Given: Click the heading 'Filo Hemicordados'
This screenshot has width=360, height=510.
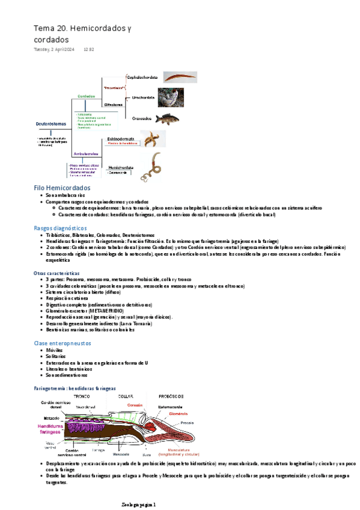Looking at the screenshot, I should click(62, 188).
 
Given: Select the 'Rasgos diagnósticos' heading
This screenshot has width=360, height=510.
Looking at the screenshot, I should click(60, 228).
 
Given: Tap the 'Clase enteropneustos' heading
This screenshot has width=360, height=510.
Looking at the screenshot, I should click(62, 343).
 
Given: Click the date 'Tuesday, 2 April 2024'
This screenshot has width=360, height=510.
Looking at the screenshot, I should click(53, 49).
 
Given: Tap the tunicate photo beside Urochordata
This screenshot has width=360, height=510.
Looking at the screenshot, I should click(171, 98).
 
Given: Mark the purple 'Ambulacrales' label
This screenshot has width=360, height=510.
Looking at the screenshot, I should click(85, 154).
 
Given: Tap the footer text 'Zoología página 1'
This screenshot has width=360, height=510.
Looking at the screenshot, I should click(138, 504).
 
